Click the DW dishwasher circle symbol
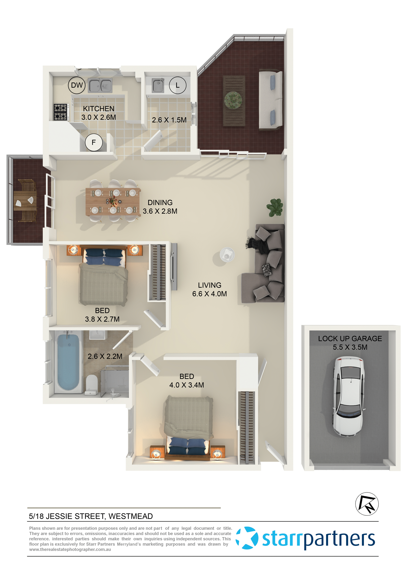point(77,85)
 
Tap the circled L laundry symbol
point(178,85)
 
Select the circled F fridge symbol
point(94,143)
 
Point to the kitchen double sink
point(100,85)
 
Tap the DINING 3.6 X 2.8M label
point(160,207)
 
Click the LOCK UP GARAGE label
point(350,339)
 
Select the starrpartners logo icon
point(247,538)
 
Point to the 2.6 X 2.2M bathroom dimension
point(105,356)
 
